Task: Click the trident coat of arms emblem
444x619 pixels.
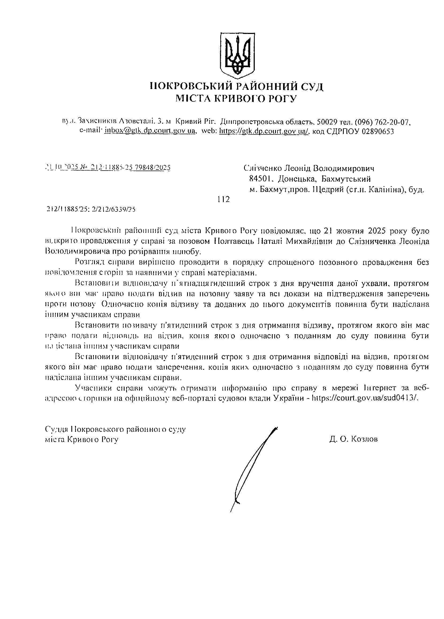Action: point(237,54)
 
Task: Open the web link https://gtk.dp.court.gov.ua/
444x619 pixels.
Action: point(264,131)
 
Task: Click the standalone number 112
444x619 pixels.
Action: point(223,199)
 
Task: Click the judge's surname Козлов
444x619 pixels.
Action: point(364,439)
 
